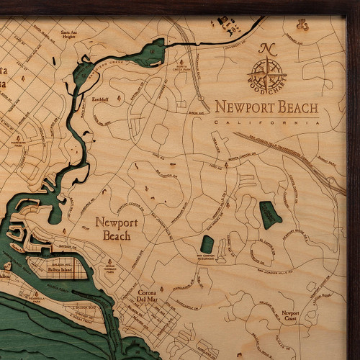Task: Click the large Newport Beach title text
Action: pyautogui.click(x=266, y=107)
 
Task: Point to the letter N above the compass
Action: pyautogui.click(x=269, y=50)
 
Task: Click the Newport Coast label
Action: pyautogui.click(x=291, y=316)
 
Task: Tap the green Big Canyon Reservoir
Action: pyautogui.click(x=207, y=244)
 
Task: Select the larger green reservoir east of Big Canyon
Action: pyautogui.click(x=269, y=215)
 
